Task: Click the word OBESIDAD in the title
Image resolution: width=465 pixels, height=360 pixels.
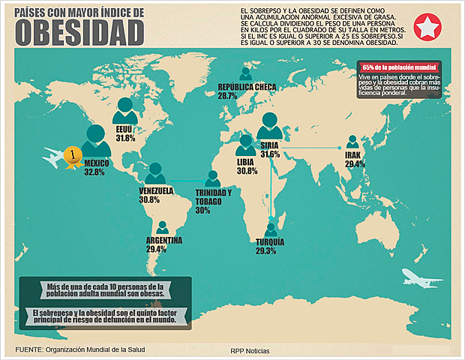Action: click(x=79, y=31)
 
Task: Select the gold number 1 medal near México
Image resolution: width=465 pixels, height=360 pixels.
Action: click(x=72, y=155)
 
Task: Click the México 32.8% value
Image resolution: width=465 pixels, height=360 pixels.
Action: click(x=94, y=172)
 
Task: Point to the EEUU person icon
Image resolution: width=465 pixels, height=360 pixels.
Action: click(x=125, y=112)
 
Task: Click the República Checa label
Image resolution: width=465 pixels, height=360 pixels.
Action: click(x=247, y=87)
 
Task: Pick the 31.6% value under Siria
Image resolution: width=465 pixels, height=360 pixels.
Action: click(x=270, y=154)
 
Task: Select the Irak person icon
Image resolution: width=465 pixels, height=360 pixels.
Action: click(x=352, y=142)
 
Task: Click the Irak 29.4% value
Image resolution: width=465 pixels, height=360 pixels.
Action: click(x=355, y=163)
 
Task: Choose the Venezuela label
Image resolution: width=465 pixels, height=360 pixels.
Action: click(x=156, y=190)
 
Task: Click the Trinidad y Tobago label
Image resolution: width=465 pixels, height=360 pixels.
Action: click(x=213, y=197)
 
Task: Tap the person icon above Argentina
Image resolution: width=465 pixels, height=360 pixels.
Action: click(x=162, y=227)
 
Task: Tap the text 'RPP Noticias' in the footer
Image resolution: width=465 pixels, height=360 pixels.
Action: click(x=250, y=350)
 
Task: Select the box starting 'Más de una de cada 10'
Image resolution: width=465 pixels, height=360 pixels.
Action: click(x=105, y=291)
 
